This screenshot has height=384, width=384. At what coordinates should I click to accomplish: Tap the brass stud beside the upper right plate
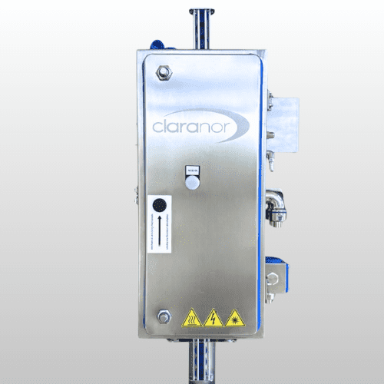[x=270, y=96]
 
